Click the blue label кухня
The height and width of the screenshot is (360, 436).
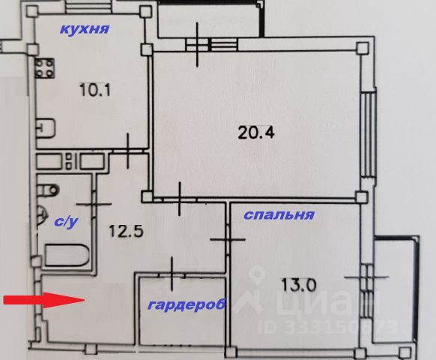tap(85, 28)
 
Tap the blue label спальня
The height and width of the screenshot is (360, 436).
tap(279, 214)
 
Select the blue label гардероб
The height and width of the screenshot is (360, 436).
tap(187, 304)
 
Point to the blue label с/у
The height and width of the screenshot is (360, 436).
tap(66, 222)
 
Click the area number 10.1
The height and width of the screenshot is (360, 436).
tap(94, 90)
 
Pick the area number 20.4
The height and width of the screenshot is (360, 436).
tap(256, 132)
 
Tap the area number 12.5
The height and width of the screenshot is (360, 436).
tap(126, 231)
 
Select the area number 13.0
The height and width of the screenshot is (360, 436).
tap(298, 284)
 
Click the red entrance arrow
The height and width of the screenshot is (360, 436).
tap(44, 300)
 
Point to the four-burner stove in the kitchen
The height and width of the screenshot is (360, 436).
tap(44, 68)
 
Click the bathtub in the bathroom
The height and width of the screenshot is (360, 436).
tap(67, 256)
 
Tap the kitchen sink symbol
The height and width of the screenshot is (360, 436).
tap(46, 128)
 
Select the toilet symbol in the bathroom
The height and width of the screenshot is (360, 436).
tap(48, 190)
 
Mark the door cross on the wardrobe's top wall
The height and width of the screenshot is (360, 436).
tap(172, 274)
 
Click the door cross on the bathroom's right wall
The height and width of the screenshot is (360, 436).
tap(94, 204)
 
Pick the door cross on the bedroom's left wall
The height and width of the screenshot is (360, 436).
tap(228, 239)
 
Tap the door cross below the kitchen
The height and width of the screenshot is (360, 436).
tap(127, 151)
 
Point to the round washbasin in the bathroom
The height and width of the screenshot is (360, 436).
tap(41, 214)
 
